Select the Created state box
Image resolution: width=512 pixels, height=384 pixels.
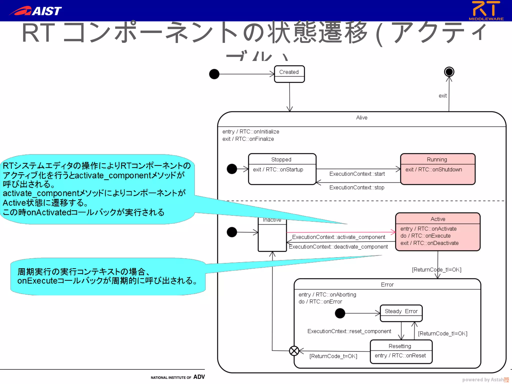(289, 74)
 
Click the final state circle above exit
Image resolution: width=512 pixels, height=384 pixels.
(449, 72)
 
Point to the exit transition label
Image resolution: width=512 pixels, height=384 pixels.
(442, 96)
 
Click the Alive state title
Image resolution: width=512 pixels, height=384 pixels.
(361, 117)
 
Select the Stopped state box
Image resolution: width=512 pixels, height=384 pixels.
(282, 169)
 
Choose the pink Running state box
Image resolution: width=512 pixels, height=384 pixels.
(437, 169)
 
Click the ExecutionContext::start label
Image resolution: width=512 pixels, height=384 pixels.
(357, 174)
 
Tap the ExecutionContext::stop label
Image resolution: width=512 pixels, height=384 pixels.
(357, 187)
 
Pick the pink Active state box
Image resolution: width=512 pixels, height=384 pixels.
(437, 232)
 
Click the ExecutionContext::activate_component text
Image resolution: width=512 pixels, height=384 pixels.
(338, 237)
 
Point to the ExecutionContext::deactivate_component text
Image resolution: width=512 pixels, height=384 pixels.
(338, 247)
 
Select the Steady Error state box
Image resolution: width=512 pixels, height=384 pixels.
(401, 313)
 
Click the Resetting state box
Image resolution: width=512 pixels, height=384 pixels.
(401, 351)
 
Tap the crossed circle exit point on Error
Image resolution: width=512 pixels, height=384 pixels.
(294, 351)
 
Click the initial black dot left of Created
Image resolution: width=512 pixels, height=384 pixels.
(214, 74)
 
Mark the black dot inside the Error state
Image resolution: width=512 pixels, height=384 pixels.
(340, 313)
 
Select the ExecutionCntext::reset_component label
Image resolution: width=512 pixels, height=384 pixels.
(349, 331)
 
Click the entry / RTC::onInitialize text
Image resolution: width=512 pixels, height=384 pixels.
(251, 131)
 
